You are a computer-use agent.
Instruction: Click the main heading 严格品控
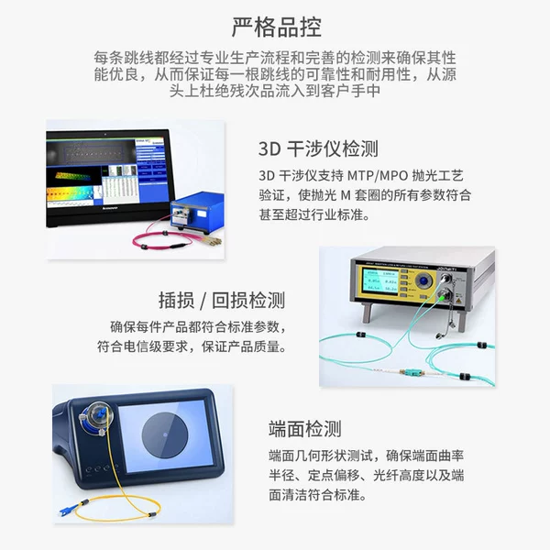pyautogui.click(x=277, y=27)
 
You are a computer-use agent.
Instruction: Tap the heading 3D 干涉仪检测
pyautogui.click(x=318, y=148)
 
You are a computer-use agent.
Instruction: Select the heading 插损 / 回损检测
pyautogui.click(x=222, y=301)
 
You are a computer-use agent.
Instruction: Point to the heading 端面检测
pyautogui.click(x=305, y=429)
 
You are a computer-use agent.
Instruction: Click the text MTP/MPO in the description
pyautogui.click(x=378, y=175)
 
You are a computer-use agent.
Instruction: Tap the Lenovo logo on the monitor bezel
pyautogui.click(x=109, y=208)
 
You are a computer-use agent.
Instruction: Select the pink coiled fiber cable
pyautogui.click(x=162, y=240)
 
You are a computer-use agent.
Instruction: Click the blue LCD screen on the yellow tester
pyautogui.click(x=380, y=280)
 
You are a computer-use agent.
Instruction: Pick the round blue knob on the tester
pyautogui.click(x=424, y=281)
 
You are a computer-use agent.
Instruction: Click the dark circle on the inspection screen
pyautogui.click(x=165, y=434)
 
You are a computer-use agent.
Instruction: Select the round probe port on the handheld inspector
pyautogui.click(x=94, y=418)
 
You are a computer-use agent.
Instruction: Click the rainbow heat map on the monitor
pyautogui.click(x=71, y=194)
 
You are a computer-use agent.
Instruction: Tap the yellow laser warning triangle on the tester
pyautogui.click(x=457, y=302)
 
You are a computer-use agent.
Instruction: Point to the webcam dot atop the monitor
pyautogui.click(x=104, y=134)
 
